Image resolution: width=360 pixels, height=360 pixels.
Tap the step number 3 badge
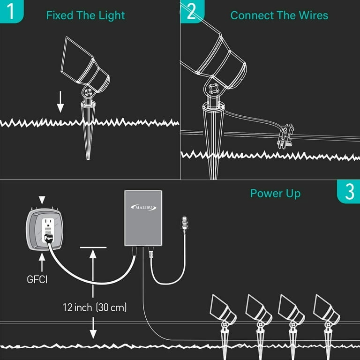tap(349, 192)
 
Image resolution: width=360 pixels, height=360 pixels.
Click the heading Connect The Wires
tap(279, 15)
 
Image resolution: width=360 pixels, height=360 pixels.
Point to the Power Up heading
tap(275, 194)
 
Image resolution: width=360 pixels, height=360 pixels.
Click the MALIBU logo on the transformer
tap(143, 207)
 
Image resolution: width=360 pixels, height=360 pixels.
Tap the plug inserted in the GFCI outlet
tap(48, 239)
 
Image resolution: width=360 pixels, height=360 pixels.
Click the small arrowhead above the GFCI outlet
tap(44, 200)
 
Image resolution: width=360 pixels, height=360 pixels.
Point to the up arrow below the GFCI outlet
tap(44, 257)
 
